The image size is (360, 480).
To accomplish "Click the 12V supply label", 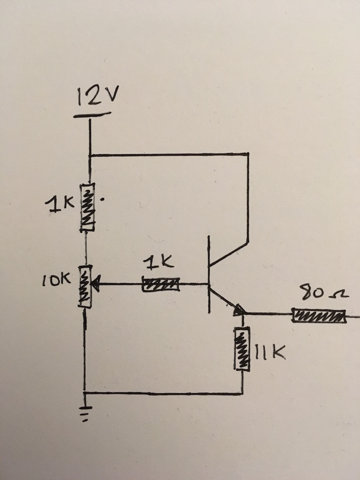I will tap(97, 97).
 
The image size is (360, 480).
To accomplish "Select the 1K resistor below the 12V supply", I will tap(88, 207).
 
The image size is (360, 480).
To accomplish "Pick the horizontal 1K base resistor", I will tap(161, 285).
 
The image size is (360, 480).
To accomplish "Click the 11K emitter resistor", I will tap(242, 349).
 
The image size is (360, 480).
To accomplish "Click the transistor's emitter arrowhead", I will tap(238, 309).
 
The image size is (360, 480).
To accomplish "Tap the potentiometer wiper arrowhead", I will tap(95, 284).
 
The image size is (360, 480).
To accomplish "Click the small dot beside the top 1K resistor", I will tap(103, 199).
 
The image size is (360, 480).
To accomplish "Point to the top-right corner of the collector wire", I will tap(247, 154).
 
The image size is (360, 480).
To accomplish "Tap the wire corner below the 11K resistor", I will tap(242, 393).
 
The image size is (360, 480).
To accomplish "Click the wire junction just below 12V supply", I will tap(89, 155).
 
